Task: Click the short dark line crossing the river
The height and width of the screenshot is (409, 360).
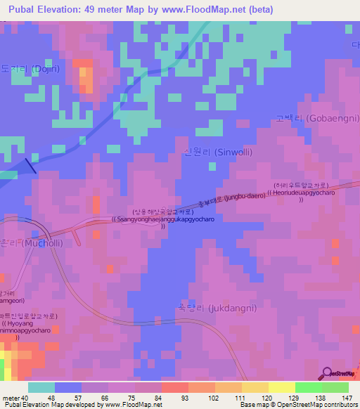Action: [30, 166]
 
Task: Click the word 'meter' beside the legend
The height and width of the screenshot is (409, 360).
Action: [11, 398]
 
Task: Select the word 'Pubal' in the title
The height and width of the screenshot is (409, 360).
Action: [20, 9]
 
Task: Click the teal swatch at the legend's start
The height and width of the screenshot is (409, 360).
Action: [41, 387]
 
